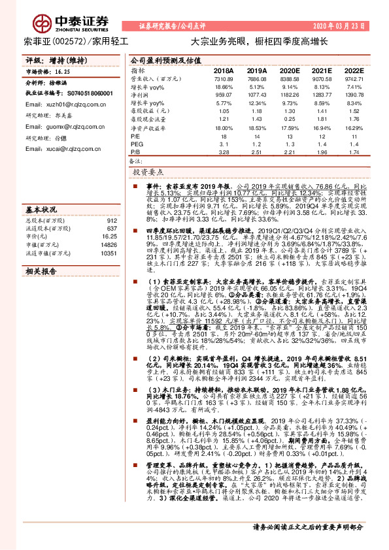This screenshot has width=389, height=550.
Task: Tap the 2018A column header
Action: pos(224,70)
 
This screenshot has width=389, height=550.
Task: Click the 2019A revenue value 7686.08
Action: pos(256,78)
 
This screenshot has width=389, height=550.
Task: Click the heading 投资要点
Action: pos(148,173)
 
